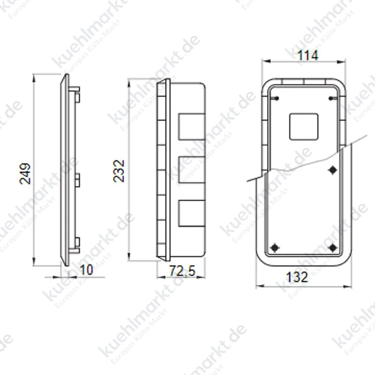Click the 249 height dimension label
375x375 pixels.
[x=25, y=173]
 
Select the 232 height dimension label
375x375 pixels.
[x=119, y=171]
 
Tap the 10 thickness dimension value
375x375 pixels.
[x=86, y=270]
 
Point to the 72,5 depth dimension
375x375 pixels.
[x=182, y=271]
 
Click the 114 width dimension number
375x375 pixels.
[x=308, y=55]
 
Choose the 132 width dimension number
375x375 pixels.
[x=297, y=277]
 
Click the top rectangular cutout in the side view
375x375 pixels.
[x=192, y=127]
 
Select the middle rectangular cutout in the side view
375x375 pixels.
[x=192, y=170]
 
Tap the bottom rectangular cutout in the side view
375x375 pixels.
[x=192, y=213]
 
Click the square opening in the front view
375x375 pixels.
[x=304, y=127]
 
